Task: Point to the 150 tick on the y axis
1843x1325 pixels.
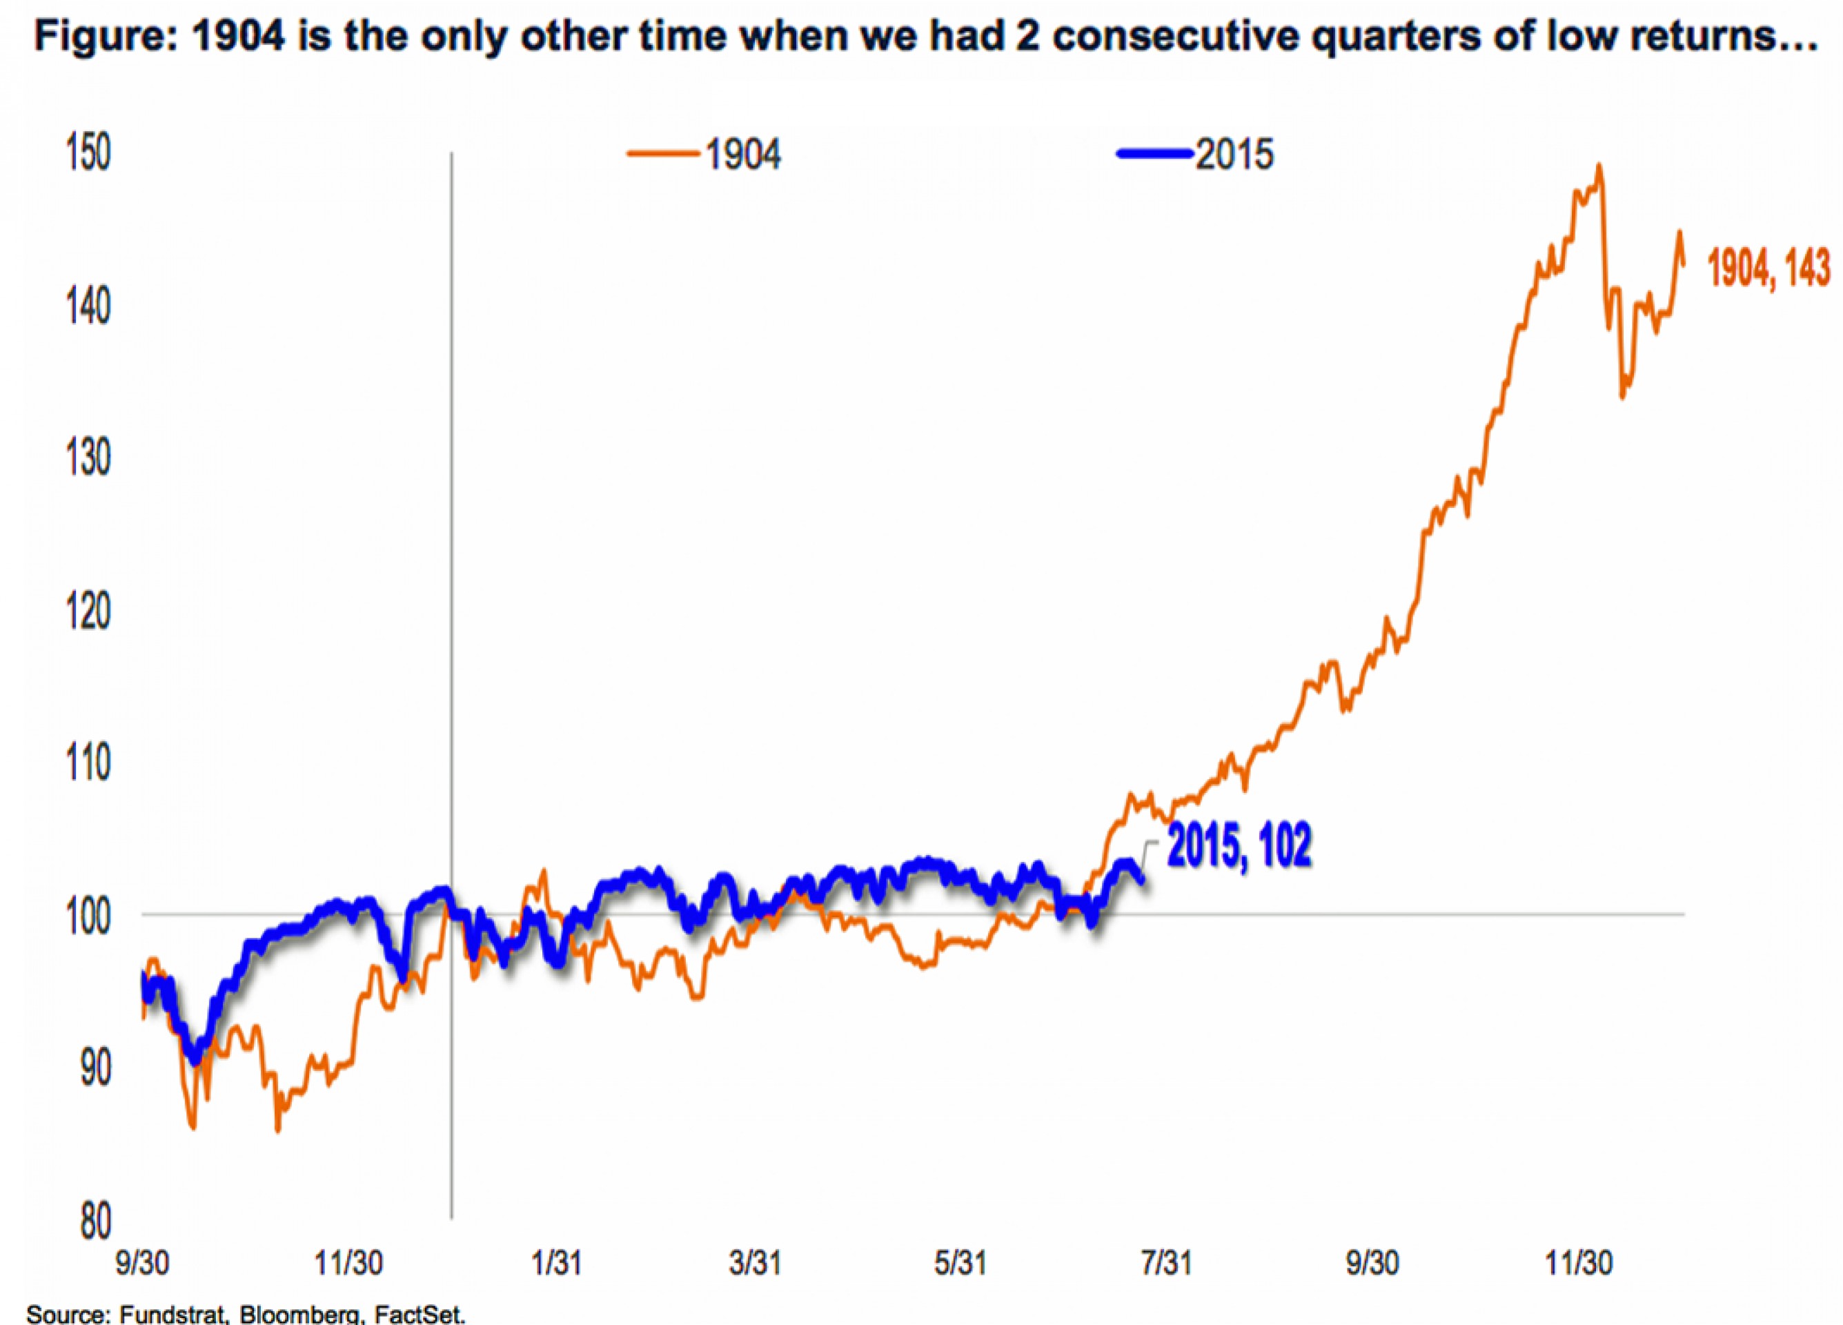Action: coord(88,154)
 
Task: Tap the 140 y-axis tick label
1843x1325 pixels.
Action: coord(88,306)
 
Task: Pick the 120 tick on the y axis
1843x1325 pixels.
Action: coord(88,611)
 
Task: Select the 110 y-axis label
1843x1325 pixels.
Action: coord(88,763)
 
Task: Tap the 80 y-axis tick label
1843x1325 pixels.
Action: coord(95,1221)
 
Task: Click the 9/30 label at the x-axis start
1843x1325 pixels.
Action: coord(143,1263)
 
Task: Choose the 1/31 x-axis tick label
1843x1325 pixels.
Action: coord(556,1263)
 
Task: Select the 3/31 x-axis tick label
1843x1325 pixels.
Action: coord(756,1263)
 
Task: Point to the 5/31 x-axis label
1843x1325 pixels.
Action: coord(960,1263)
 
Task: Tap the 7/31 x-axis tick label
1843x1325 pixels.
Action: coord(1167,1263)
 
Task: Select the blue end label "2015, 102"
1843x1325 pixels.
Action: coord(1239,847)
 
